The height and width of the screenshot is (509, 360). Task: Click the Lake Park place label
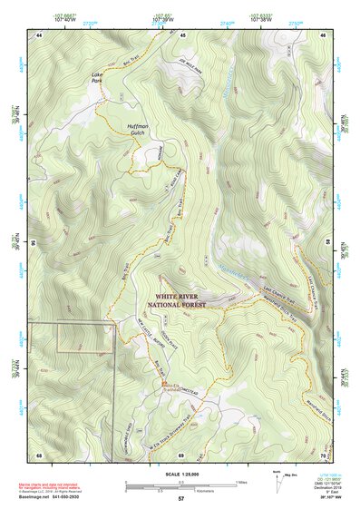point(96,78)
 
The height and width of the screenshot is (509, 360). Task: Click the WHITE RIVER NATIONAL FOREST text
point(180,300)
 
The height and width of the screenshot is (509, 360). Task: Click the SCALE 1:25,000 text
point(180,470)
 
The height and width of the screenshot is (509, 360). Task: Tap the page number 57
point(180,499)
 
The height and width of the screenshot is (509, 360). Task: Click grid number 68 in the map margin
point(38,454)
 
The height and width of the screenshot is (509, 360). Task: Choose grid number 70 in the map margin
point(324,454)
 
